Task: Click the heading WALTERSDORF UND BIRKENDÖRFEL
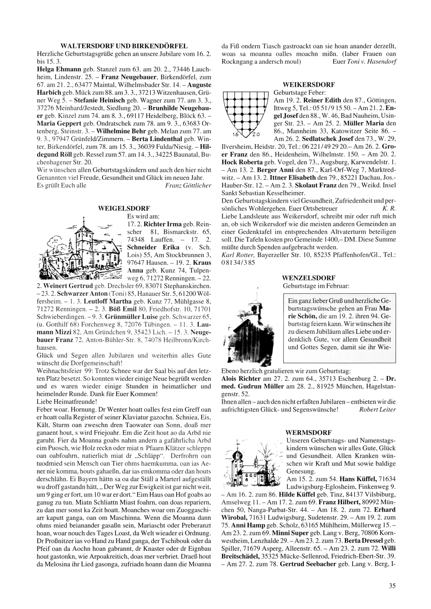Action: tap(124, 45)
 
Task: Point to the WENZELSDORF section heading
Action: tap(308, 278)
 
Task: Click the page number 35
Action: tap(392, 585)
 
